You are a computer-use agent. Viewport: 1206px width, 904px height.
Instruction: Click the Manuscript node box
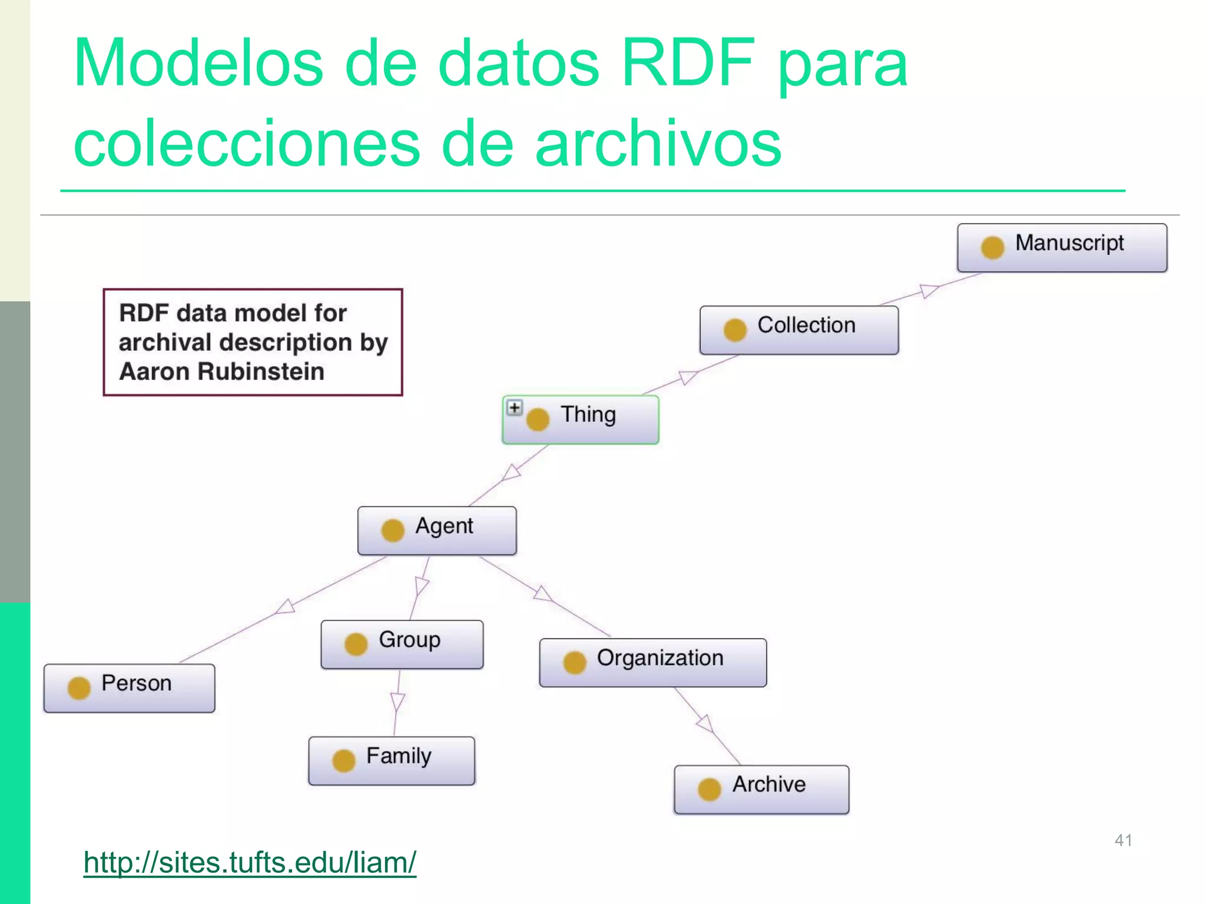click(1062, 248)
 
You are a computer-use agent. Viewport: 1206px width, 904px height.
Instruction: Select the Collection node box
click(799, 330)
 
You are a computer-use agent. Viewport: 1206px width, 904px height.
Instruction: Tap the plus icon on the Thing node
click(515, 408)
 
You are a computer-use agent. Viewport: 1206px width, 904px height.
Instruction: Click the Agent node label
click(444, 526)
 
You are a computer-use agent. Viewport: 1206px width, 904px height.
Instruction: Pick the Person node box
click(129, 688)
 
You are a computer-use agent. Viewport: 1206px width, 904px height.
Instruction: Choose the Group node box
click(402, 644)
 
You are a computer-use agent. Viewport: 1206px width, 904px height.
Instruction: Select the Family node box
click(392, 760)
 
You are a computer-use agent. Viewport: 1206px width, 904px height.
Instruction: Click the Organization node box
click(652, 663)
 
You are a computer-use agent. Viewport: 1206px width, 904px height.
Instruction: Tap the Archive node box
click(761, 789)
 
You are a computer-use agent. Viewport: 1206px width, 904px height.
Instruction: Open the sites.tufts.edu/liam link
click(250, 863)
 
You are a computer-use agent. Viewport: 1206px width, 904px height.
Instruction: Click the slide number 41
click(1123, 840)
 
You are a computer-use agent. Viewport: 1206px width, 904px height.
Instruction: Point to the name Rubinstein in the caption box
click(261, 372)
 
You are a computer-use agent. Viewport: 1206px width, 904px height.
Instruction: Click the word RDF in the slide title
click(688, 63)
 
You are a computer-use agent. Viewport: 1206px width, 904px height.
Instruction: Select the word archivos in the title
click(658, 143)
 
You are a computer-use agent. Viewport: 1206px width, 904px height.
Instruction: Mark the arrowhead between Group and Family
click(397, 702)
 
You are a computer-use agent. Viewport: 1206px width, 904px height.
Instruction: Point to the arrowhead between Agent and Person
click(286, 607)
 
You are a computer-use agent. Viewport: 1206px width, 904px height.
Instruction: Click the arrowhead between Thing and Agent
click(511, 473)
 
